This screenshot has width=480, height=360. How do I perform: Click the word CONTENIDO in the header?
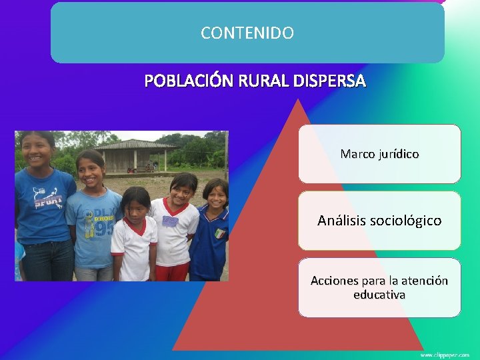247,33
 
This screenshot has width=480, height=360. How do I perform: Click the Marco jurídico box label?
379,154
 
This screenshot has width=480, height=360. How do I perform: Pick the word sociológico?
411,220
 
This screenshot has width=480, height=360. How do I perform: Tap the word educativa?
379,295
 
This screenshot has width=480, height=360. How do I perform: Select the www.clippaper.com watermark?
445,355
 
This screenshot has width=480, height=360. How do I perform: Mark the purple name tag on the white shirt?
171,221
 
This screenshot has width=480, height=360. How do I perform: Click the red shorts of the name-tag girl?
172,271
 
